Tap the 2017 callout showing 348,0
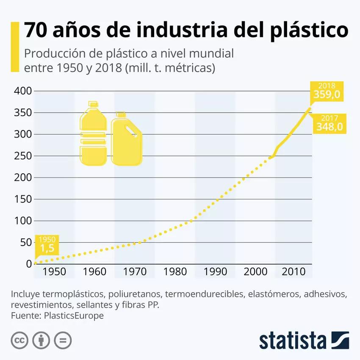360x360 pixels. pyautogui.click(x=330, y=123)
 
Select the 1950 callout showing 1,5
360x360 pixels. pyautogui.click(x=47, y=245)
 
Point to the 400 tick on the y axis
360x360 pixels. pyautogui.click(x=23, y=91)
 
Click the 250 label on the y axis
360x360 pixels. pyautogui.click(x=23, y=156)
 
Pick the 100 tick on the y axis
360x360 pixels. pyautogui.click(x=23, y=221)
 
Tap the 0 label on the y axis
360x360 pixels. pyautogui.click(x=29, y=264)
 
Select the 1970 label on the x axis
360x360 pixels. pyautogui.click(x=135, y=271)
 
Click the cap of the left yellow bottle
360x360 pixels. pyautogui.click(x=93, y=104)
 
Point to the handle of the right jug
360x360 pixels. pyautogui.click(x=135, y=132)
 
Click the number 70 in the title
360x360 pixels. pyautogui.click(x=36, y=31)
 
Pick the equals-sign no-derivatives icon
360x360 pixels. pyautogui.click(x=63, y=340)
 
